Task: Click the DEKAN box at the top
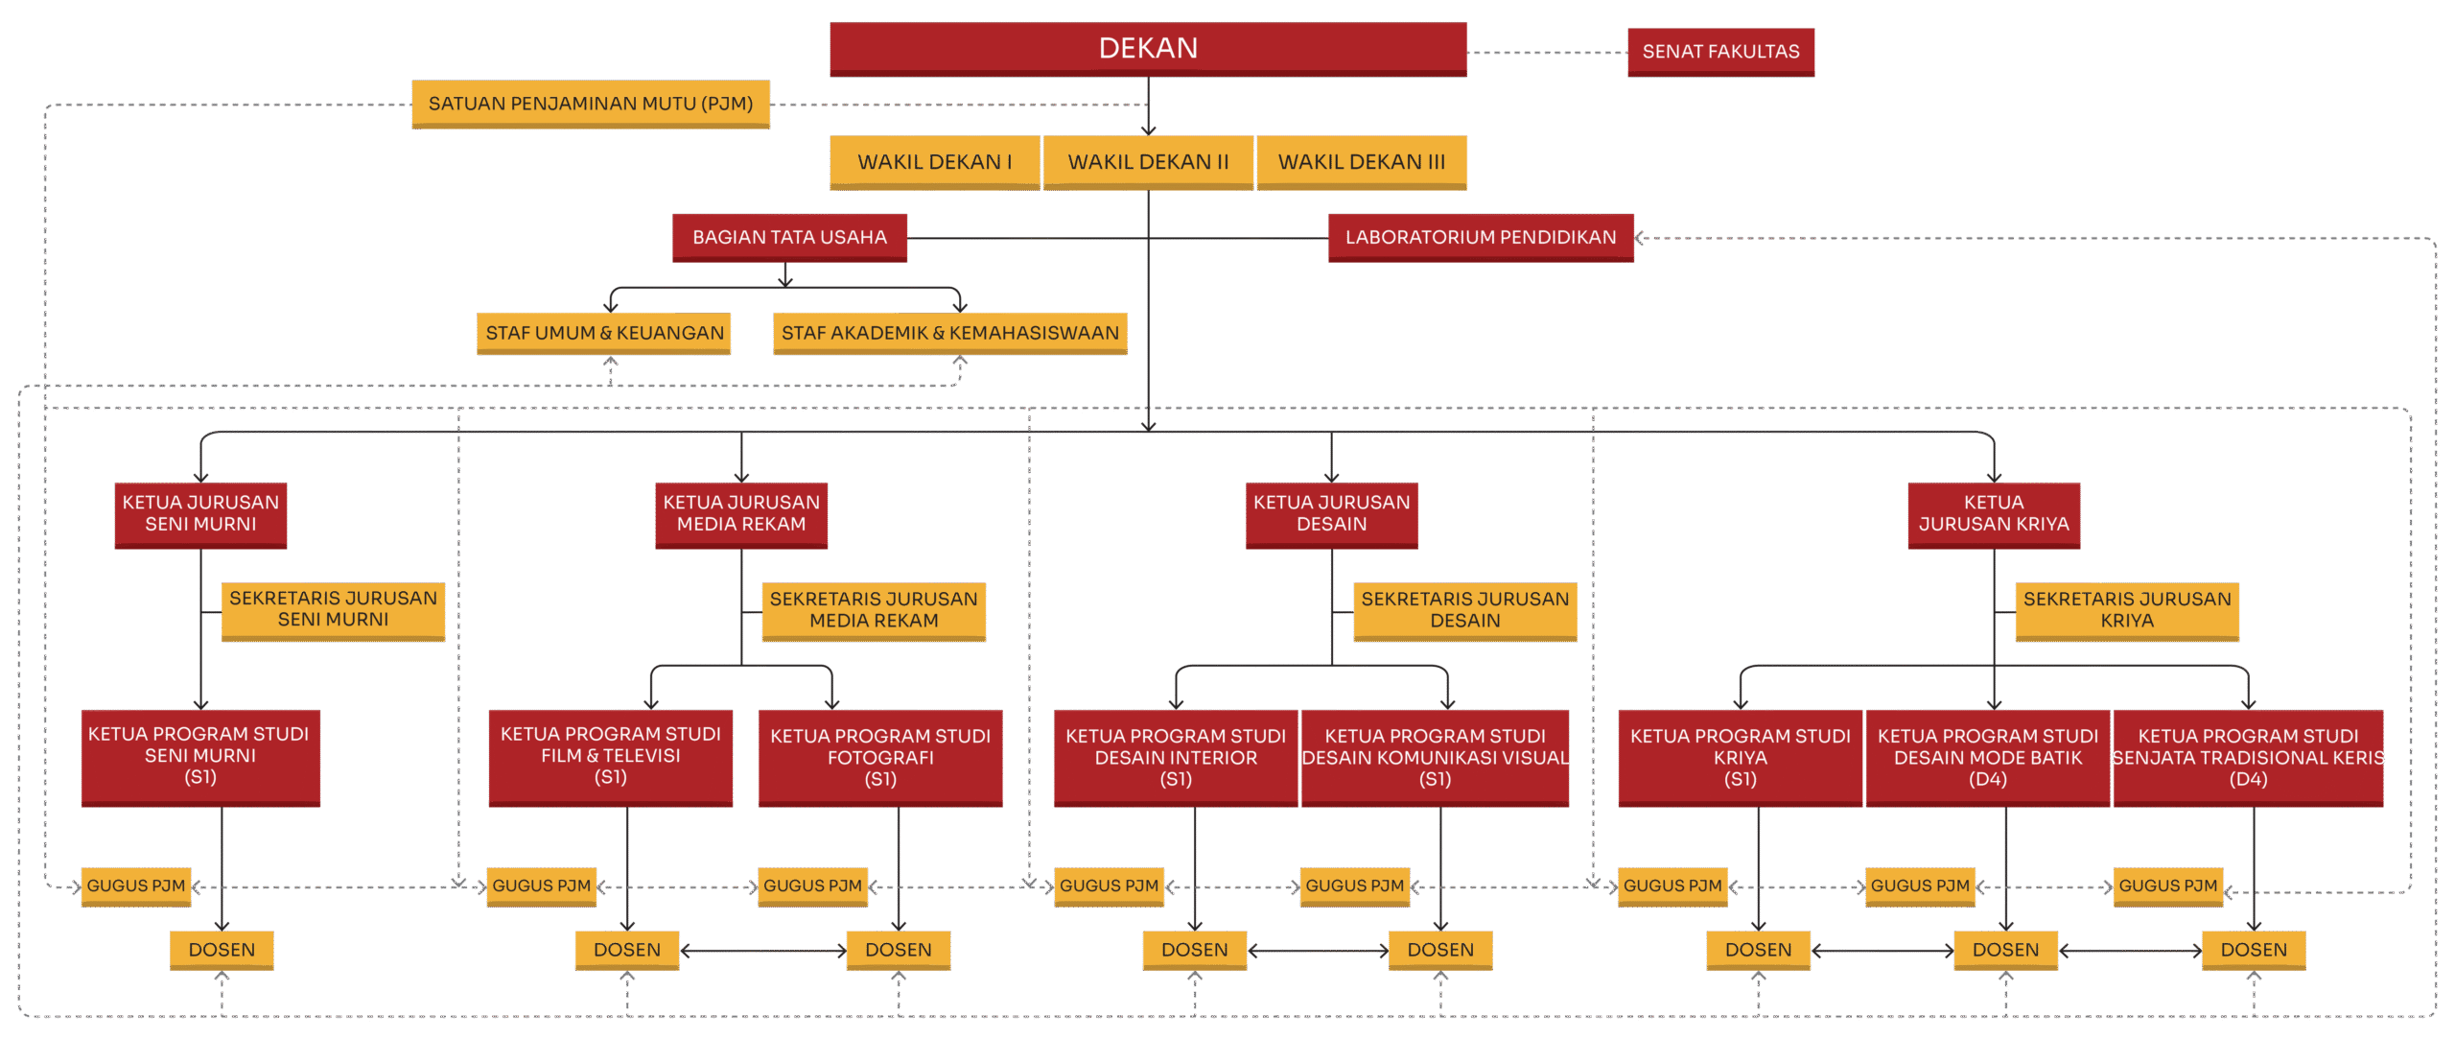(x=1147, y=48)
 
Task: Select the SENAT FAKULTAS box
(x=1720, y=52)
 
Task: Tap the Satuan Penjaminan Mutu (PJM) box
(x=590, y=104)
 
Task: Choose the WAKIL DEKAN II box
(x=1148, y=162)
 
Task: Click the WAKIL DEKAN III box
(x=1361, y=162)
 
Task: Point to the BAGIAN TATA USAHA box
(x=789, y=237)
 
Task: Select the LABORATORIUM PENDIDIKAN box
(x=1480, y=237)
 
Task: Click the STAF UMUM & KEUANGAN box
(x=604, y=333)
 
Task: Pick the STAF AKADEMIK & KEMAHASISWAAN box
(x=949, y=333)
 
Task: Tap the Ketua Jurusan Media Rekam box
(x=741, y=514)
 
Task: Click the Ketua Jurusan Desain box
(x=1331, y=514)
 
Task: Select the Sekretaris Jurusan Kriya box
(x=2126, y=610)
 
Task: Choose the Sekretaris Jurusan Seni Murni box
(x=333, y=609)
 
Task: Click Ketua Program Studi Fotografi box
(x=879, y=757)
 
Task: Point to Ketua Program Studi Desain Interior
(x=1175, y=757)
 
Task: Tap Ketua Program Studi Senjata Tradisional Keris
(x=2247, y=757)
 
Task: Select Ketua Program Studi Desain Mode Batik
(x=1987, y=757)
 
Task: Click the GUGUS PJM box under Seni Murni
(x=136, y=886)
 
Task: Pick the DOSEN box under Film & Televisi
(x=626, y=950)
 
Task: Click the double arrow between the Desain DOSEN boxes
(x=1318, y=951)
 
